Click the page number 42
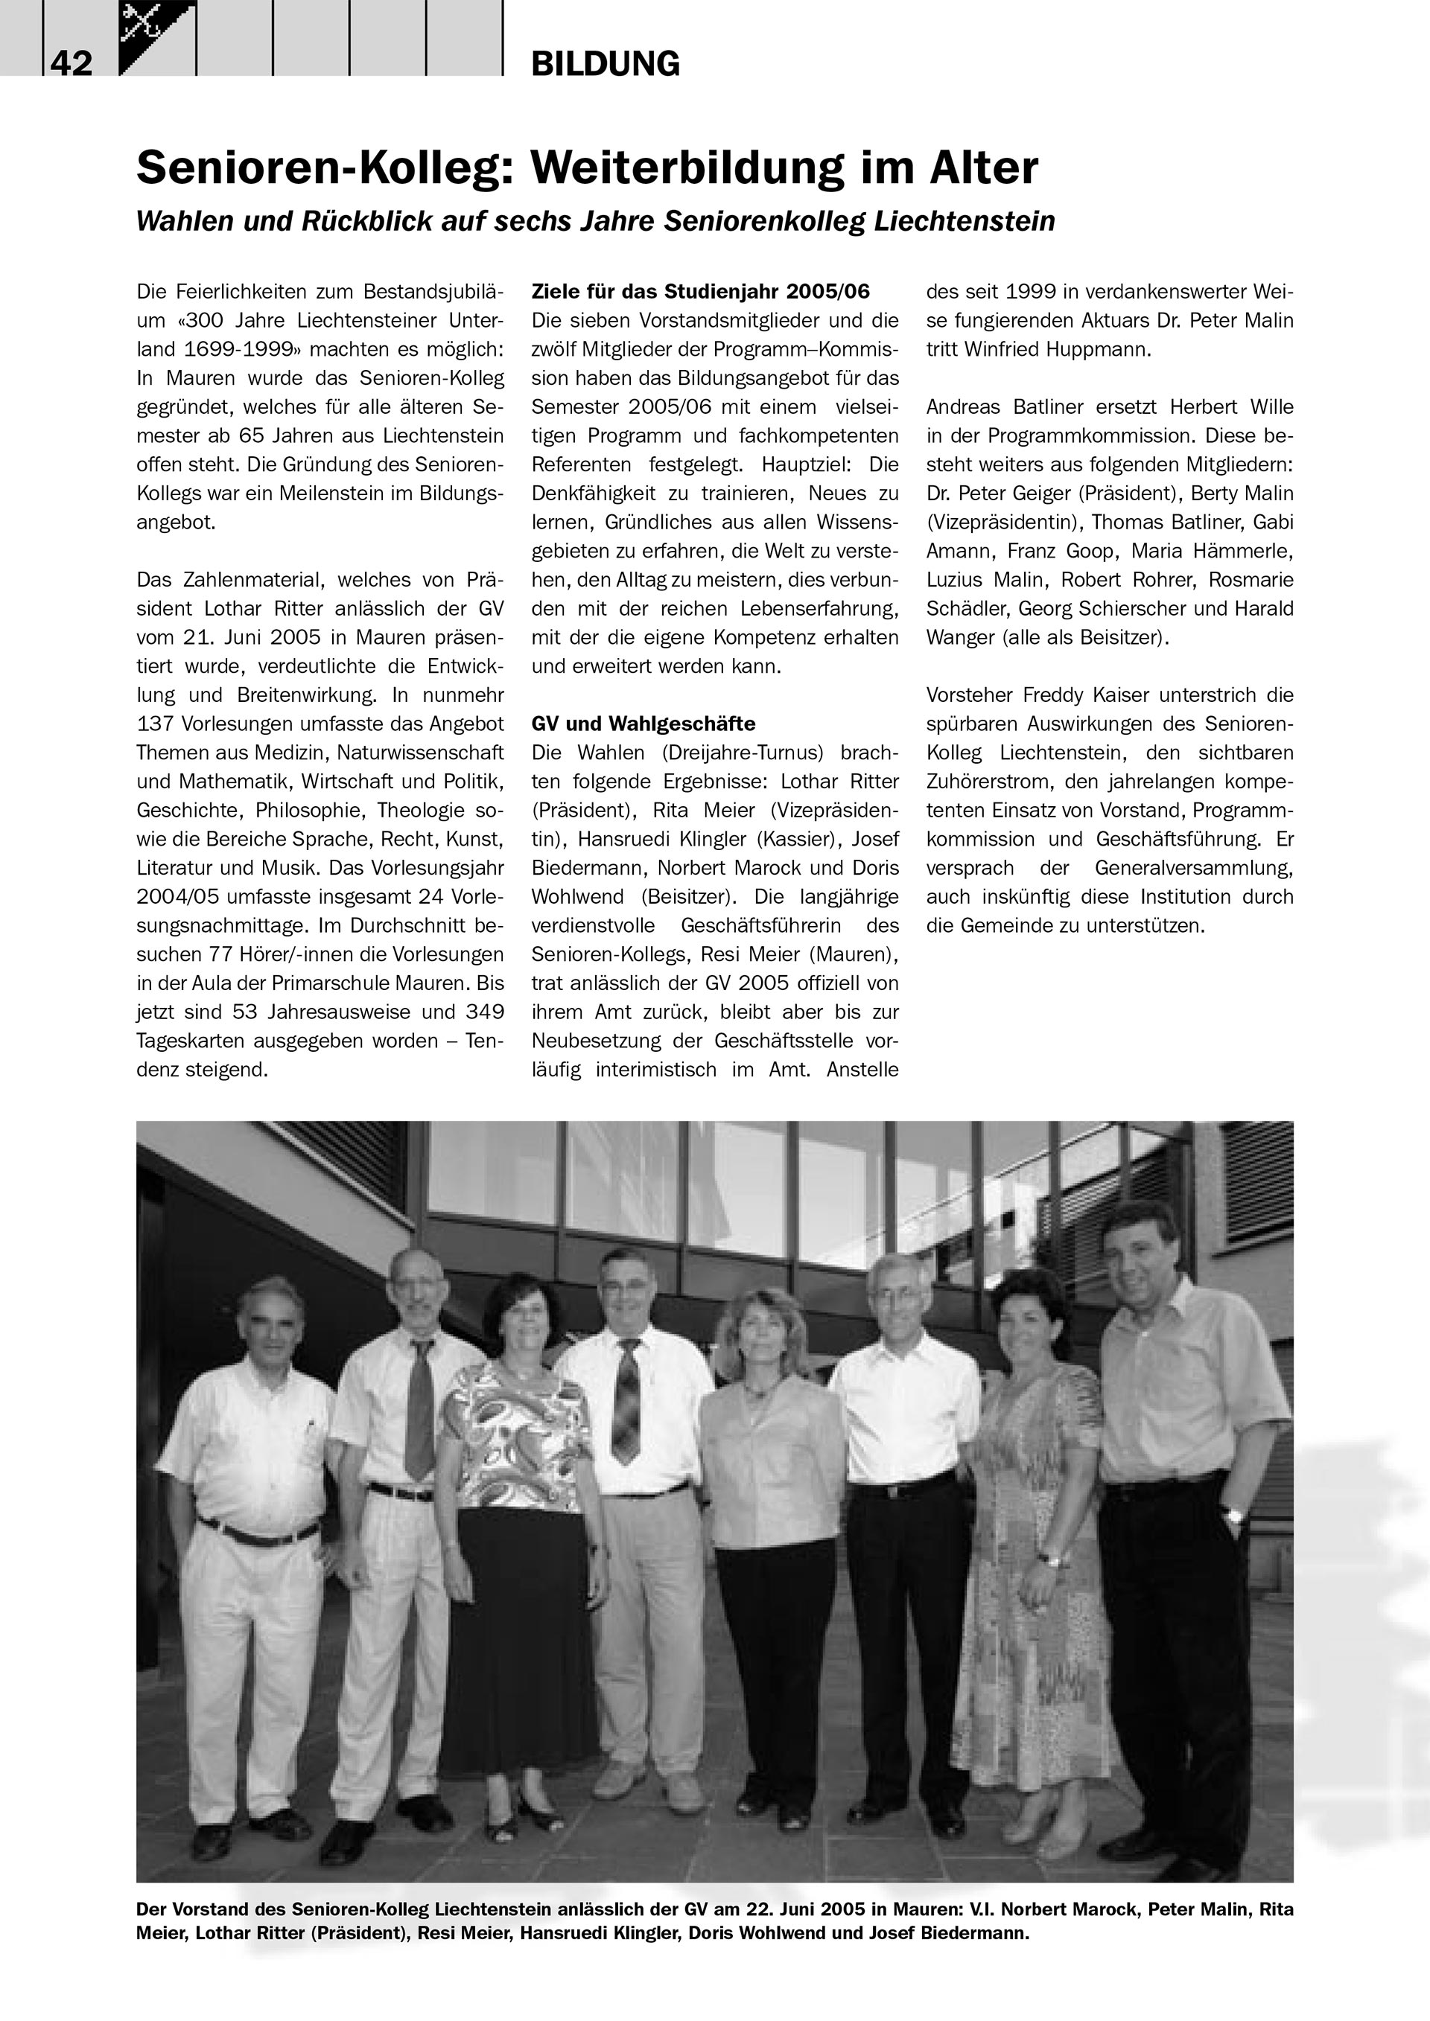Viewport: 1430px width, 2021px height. pyautogui.click(x=71, y=63)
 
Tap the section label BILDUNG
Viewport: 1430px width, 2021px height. pyautogui.click(x=605, y=64)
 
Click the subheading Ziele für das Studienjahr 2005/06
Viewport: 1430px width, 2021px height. pyautogui.click(x=700, y=291)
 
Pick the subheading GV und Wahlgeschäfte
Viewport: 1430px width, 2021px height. pyautogui.click(x=643, y=724)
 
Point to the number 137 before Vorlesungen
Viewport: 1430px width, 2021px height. pyautogui.click(x=155, y=724)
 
